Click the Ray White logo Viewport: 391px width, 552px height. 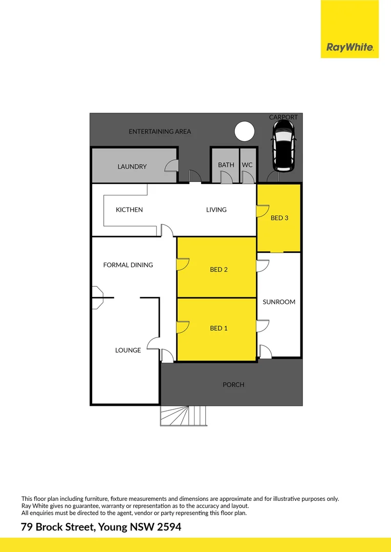350,48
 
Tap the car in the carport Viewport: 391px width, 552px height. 284,149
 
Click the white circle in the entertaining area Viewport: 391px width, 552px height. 244,131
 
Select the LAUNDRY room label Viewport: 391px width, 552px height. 132,167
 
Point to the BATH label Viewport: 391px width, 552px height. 226,165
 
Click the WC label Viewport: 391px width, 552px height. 247,165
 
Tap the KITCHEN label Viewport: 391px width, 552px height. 129,210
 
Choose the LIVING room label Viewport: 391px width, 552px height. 216,210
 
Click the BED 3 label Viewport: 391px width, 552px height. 279,218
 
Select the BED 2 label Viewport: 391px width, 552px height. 219,269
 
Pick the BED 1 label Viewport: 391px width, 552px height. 219,328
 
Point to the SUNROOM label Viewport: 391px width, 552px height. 279,302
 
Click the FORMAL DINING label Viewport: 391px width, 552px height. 128,265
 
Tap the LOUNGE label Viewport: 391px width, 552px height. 128,350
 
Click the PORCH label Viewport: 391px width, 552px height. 233,384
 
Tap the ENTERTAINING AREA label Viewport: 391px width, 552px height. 160,131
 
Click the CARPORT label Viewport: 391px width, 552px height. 284,118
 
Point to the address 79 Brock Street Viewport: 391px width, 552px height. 101,527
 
